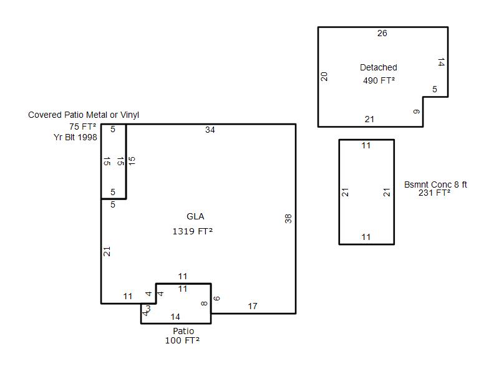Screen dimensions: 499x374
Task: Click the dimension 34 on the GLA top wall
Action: [210, 130]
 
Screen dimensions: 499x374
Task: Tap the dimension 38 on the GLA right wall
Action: [288, 219]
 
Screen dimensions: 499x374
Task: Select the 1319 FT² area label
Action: [193, 231]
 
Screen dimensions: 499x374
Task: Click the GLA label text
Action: [195, 216]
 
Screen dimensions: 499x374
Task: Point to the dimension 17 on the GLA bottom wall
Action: [253, 306]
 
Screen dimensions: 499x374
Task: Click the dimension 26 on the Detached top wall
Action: [382, 33]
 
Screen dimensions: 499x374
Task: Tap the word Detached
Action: [379, 67]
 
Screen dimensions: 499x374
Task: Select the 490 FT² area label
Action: [379, 80]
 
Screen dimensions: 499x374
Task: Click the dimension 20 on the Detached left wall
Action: [324, 76]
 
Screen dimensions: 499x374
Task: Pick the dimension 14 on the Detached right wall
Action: [441, 62]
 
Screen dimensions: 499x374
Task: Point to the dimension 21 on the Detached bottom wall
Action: [369, 119]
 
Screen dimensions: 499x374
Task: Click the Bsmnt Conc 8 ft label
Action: [435, 185]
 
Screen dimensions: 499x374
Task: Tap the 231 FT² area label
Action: [434, 193]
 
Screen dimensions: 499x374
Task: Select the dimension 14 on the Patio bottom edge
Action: [175, 317]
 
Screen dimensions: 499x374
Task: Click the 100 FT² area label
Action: [182, 340]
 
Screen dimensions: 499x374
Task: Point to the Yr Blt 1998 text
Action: [75, 137]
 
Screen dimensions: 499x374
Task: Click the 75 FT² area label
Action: [83, 127]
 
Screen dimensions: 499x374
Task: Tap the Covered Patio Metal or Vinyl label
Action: [84, 115]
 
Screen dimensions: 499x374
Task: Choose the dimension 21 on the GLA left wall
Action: [107, 252]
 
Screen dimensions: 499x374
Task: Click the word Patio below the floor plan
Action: [183, 331]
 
